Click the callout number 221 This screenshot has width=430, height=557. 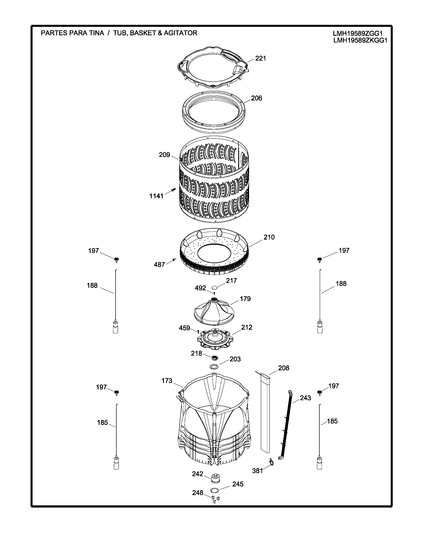tap(260, 58)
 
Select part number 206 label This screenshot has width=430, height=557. tap(256, 98)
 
